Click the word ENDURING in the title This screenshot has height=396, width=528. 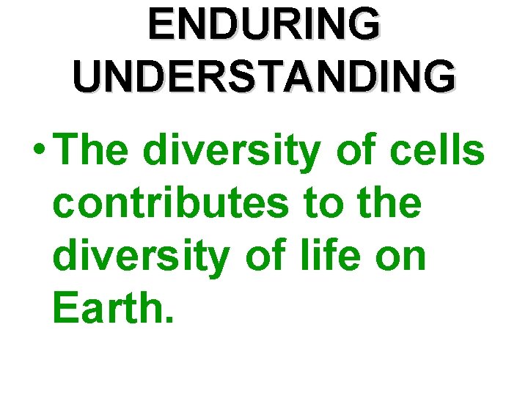tap(264, 24)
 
